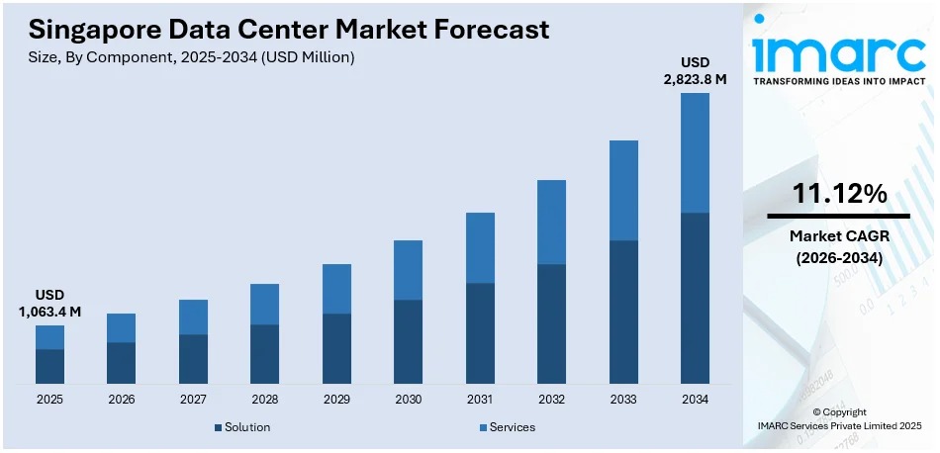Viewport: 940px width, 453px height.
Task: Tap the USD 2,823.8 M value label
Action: tap(694, 71)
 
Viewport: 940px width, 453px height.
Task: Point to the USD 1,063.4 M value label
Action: tap(49, 304)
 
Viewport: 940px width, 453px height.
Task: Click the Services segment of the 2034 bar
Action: tap(695, 152)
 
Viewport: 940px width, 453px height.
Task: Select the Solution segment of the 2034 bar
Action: tap(695, 298)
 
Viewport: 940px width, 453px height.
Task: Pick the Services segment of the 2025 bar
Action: tap(49, 337)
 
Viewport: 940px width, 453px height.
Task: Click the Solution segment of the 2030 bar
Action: tap(408, 341)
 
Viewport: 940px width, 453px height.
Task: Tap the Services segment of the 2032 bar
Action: tap(551, 222)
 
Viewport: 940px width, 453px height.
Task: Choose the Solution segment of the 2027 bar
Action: tap(193, 358)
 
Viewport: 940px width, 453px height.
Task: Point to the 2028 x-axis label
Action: tap(264, 400)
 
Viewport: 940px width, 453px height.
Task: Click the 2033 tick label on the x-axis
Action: tap(623, 400)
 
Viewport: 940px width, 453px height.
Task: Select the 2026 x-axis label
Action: tap(121, 400)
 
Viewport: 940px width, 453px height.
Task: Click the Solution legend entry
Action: tap(242, 427)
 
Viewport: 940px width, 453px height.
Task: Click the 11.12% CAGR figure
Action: tap(839, 194)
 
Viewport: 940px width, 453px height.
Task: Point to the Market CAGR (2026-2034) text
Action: tap(839, 246)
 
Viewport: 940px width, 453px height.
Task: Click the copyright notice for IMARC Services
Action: tap(838, 418)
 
